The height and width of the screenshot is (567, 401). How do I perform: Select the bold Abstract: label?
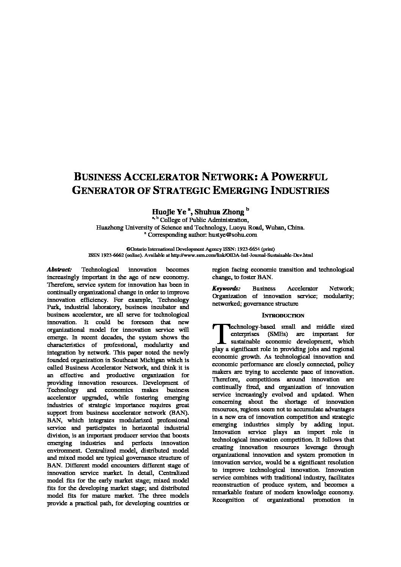click(59, 270)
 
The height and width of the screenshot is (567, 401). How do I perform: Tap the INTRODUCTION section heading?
click(283, 316)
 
